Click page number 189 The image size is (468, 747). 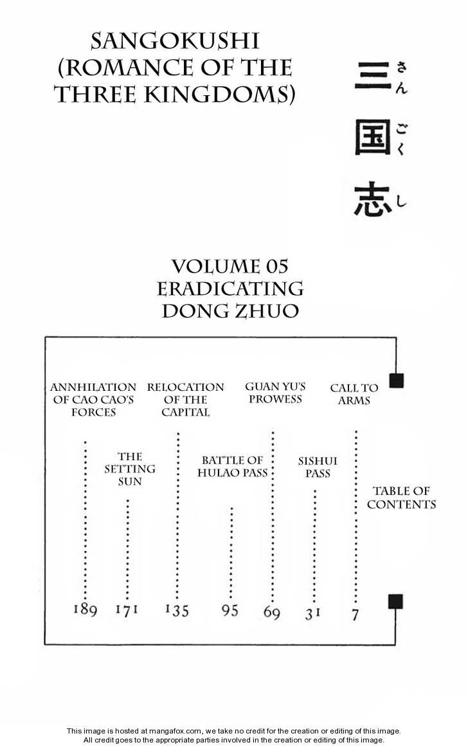(x=85, y=609)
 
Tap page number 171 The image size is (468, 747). (x=127, y=609)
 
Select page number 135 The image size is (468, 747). (x=177, y=609)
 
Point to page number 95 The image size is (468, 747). (x=230, y=609)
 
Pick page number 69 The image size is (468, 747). (x=272, y=612)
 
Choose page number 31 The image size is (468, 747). (x=313, y=613)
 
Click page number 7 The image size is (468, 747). (x=355, y=615)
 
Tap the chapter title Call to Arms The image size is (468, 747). (x=354, y=394)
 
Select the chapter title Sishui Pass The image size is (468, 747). (x=318, y=467)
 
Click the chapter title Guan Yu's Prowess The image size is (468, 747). (x=275, y=393)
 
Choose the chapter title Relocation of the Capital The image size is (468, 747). (x=185, y=399)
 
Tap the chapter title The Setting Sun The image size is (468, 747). (x=130, y=469)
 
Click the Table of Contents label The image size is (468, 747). (x=402, y=498)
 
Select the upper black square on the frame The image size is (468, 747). (x=396, y=380)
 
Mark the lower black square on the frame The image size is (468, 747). (x=395, y=602)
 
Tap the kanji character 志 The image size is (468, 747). (x=372, y=201)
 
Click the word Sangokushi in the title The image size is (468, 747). (x=175, y=41)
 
